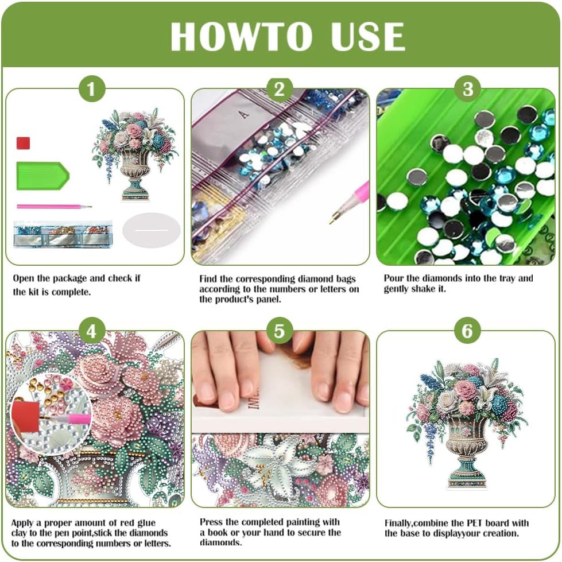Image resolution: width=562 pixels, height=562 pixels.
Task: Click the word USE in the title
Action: tap(369, 36)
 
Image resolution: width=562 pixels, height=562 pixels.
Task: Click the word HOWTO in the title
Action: tap(242, 36)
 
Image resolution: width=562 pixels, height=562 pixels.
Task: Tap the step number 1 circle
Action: tap(92, 89)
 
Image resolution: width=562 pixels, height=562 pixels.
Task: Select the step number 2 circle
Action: tap(280, 89)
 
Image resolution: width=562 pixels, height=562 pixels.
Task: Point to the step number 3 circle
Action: tap(468, 89)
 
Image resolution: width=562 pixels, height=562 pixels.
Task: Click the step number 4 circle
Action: tap(92, 331)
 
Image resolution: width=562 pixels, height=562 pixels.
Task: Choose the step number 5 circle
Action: tap(280, 331)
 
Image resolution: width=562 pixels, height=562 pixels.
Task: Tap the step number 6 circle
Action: tap(468, 331)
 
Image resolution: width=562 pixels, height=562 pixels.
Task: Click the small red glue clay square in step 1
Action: tap(24, 143)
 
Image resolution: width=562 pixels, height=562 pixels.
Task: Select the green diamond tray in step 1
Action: tap(42, 176)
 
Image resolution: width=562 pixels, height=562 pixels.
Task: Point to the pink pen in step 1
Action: tap(54, 206)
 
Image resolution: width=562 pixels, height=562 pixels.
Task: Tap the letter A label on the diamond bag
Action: tap(245, 115)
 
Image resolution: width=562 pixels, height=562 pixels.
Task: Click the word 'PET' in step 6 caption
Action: tap(475, 523)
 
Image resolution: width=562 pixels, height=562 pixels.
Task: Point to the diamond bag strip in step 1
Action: tap(63, 234)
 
